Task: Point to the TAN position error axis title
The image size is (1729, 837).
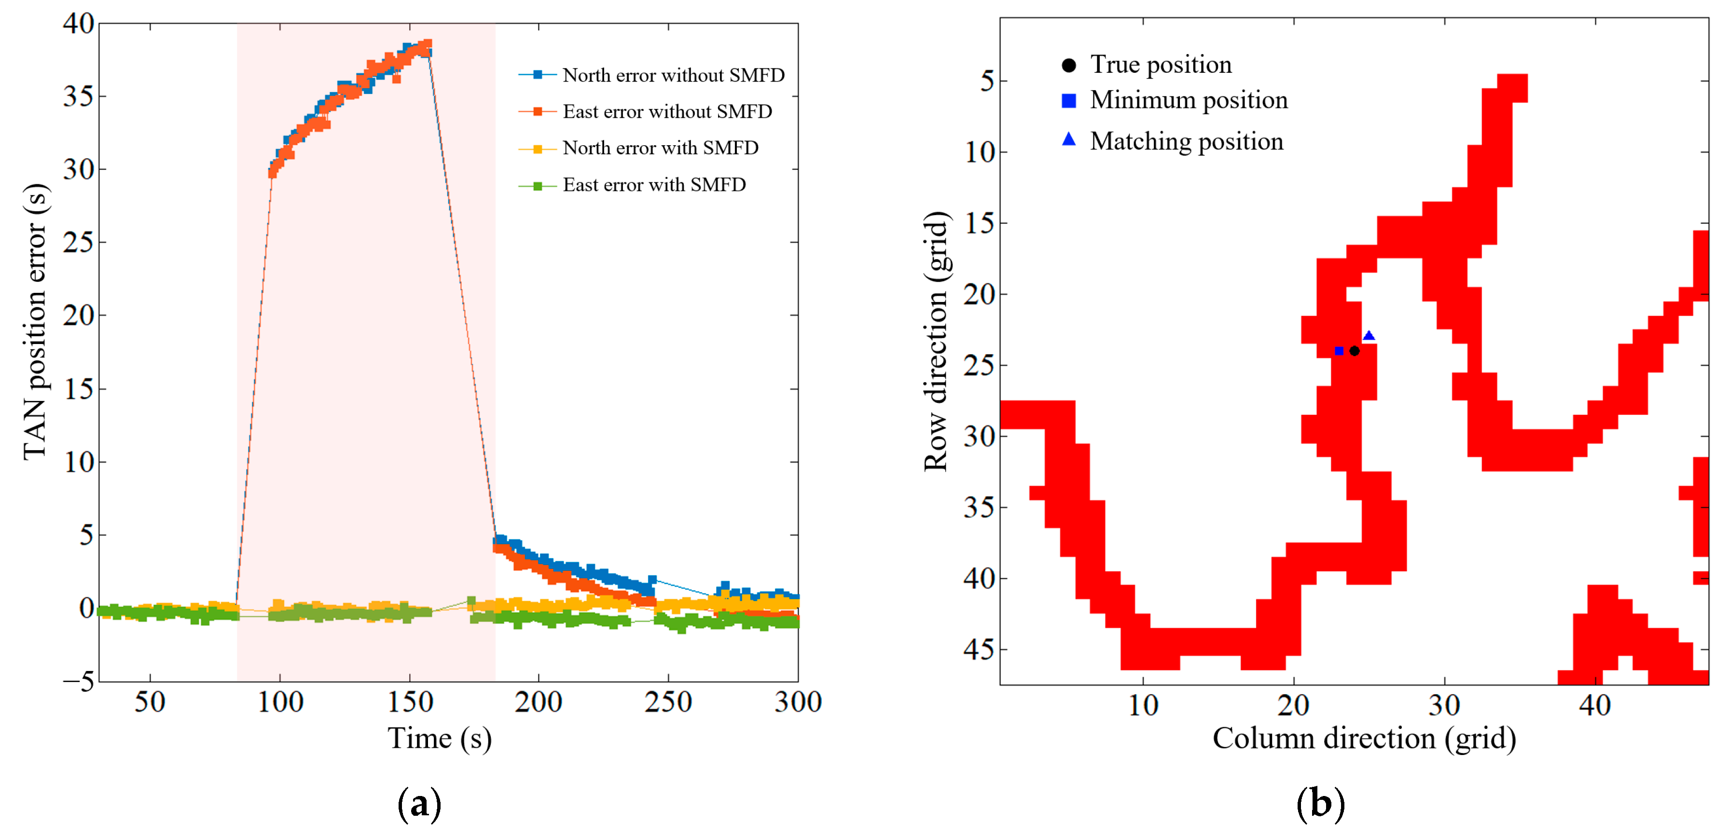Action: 35,322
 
